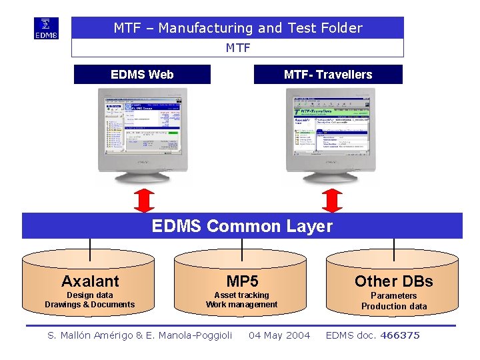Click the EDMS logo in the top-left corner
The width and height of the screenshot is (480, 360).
point(46,28)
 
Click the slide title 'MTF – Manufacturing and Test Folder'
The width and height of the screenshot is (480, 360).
point(238,28)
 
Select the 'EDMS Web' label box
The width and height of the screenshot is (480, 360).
point(142,75)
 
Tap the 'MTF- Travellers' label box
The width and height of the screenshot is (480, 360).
point(328,75)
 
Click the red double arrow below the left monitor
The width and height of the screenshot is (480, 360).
point(143,200)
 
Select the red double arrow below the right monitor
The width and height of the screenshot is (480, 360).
point(331,200)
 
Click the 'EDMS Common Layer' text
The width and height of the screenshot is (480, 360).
point(242,226)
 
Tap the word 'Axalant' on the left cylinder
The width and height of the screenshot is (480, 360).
point(90,281)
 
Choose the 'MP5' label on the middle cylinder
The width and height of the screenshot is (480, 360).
point(242,281)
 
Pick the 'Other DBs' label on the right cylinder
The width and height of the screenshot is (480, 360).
point(393,281)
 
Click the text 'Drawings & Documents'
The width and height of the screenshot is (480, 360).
point(90,305)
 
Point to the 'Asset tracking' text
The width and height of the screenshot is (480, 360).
point(241,295)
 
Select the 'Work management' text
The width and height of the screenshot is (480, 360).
point(241,305)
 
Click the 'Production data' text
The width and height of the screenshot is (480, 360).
point(393,307)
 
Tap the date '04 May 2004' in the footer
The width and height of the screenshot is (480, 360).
point(279,335)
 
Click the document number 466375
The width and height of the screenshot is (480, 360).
point(400,335)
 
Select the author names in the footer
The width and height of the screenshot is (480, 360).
point(140,335)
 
